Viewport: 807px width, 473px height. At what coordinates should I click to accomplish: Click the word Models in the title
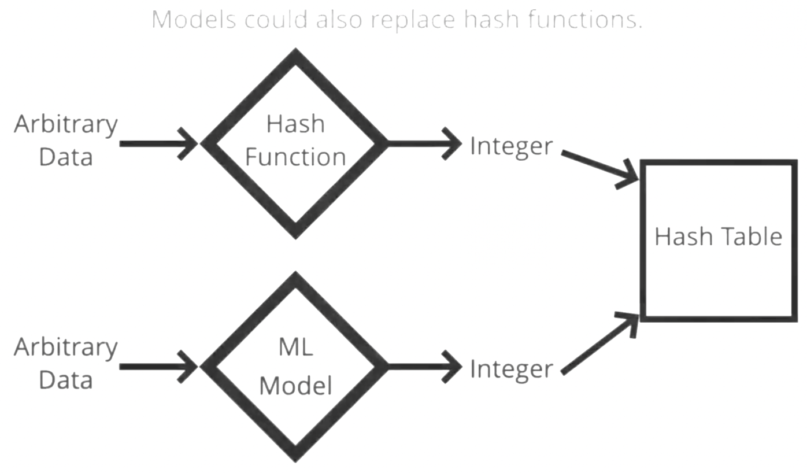tap(194, 20)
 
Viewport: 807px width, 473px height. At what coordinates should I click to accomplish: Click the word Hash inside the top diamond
tap(295, 124)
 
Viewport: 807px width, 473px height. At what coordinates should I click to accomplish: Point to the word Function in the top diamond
tap(295, 157)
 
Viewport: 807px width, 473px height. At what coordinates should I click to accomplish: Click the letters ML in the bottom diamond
tap(295, 348)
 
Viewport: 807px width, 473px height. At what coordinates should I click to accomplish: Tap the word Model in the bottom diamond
tap(295, 386)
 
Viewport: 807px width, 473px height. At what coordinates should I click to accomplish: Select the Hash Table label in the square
tap(719, 236)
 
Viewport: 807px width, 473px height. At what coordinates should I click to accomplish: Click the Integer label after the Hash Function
tap(511, 147)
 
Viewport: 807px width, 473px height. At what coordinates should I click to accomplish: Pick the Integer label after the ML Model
tap(511, 370)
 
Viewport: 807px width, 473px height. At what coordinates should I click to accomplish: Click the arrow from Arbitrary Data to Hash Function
tap(158, 144)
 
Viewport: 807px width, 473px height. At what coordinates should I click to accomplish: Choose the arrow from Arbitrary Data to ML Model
tap(158, 367)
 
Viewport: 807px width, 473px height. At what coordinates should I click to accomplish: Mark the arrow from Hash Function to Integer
tap(424, 144)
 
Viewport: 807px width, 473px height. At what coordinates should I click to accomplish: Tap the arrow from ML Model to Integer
tap(424, 367)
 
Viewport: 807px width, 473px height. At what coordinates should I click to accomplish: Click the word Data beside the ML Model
tap(66, 380)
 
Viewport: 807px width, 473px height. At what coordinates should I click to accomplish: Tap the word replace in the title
tap(413, 20)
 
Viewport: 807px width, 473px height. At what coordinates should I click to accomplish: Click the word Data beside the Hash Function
tap(66, 157)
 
